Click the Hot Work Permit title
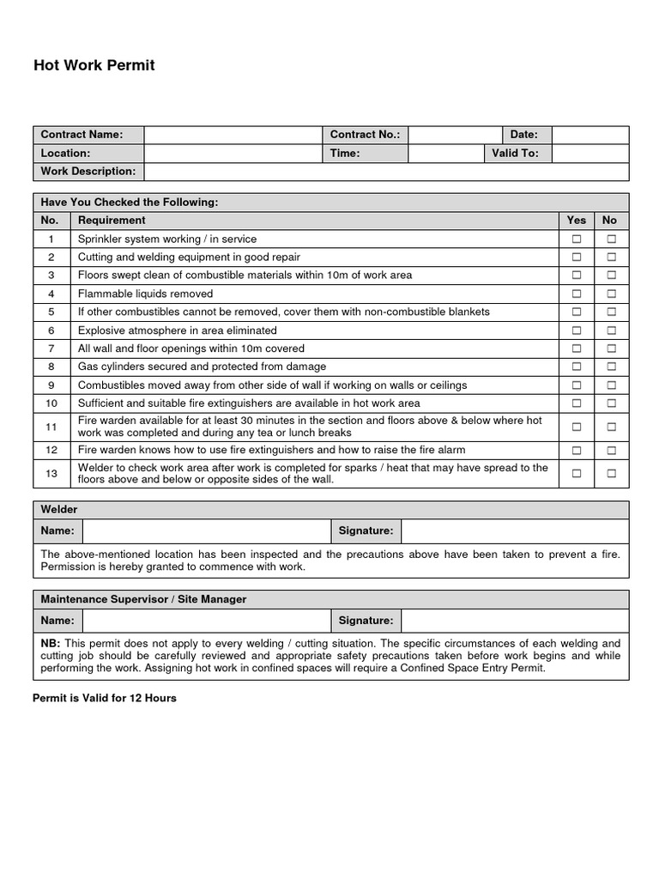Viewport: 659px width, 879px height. point(94,65)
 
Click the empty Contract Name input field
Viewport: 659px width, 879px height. point(233,135)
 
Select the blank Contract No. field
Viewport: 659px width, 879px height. point(455,135)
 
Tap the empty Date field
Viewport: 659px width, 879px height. point(589,135)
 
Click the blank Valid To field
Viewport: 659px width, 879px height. point(589,153)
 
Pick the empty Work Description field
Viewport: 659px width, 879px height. point(386,172)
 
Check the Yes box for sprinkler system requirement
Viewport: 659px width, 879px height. point(577,239)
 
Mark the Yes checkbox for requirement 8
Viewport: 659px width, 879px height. point(577,367)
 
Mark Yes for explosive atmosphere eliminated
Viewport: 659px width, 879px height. point(577,330)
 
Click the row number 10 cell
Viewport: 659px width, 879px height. point(51,403)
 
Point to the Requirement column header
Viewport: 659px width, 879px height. point(112,221)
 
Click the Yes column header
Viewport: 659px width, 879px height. point(577,221)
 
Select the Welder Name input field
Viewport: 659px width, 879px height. point(206,531)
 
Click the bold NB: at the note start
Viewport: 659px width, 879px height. point(51,643)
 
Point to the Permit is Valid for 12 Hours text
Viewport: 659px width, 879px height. point(105,698)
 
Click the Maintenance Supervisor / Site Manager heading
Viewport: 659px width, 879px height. point(143,599)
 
